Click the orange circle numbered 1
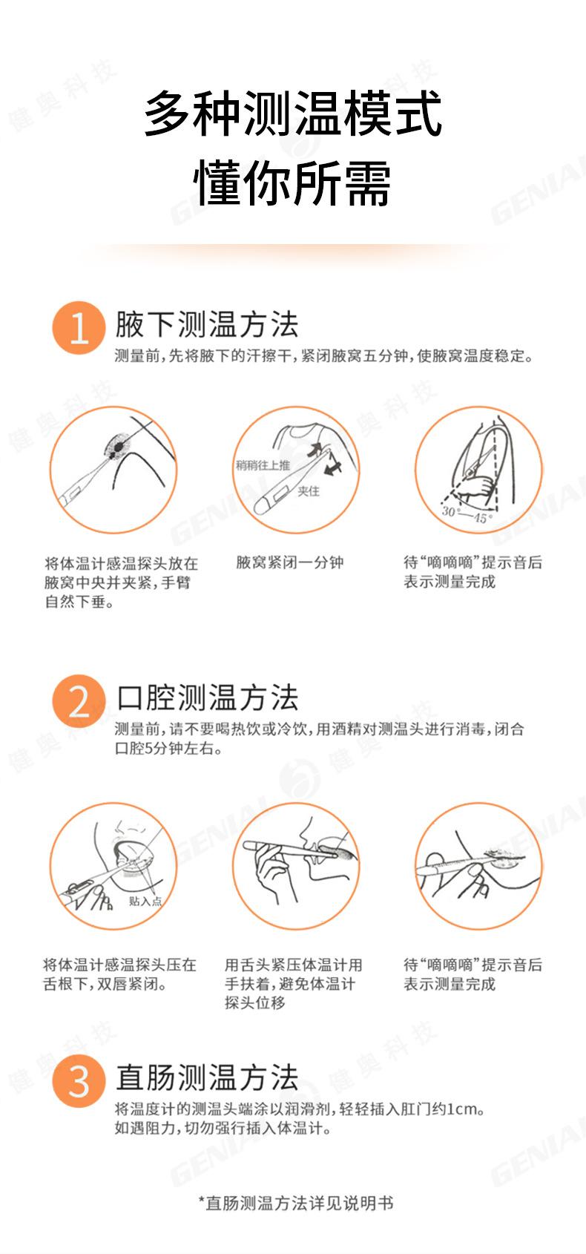coord(78,327)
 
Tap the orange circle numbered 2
coord(78,700)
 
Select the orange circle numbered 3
coord(78,1080)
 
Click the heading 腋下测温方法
coord(206,325)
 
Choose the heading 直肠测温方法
coord(207,1077)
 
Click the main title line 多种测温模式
coord(293,114)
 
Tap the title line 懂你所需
coord(292,183)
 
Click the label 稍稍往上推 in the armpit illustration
coord(263,465)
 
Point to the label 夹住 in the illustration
coord(309,491)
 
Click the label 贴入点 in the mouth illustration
coord(145,901)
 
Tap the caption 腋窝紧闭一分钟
coord(290,562)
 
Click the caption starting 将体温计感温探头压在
coord(119,974)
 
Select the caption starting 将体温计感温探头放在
coord(120,582)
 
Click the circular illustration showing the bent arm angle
coord(478,470)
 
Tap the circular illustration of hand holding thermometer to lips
coord(296,866)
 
